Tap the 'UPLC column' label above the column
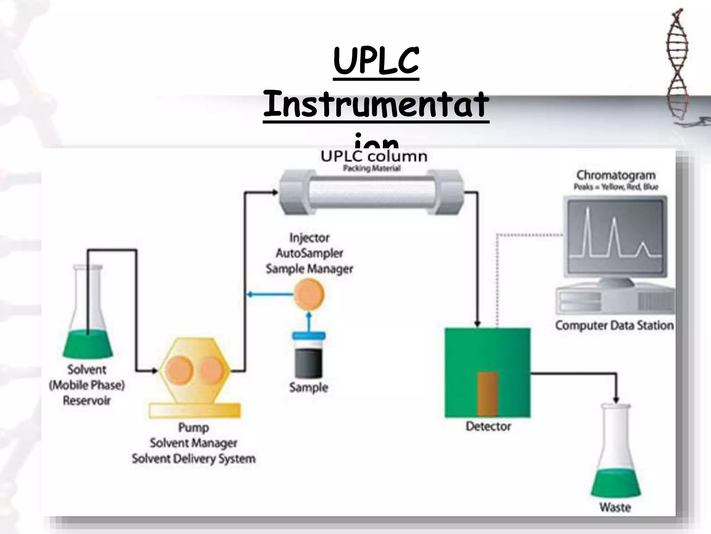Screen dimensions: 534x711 (x=374, y=156)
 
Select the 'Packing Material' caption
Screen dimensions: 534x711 (x=372, y=169)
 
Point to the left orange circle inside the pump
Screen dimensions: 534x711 (x=179, y=370)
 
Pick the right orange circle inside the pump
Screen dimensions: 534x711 (x=211, y=370)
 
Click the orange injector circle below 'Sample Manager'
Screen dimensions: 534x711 (x=309, y=295)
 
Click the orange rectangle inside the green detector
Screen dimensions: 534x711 (x=487, y=394)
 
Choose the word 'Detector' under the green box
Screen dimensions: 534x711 (x=488, y=426)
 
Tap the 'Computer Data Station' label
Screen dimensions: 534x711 (x=614, y=325)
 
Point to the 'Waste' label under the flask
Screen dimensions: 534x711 (x=615, y=507)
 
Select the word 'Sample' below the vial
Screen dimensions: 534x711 (x=309, y=387)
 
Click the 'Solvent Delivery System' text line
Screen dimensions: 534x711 (x=193, y=459)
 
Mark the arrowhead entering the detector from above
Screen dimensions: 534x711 (x=477, y=324)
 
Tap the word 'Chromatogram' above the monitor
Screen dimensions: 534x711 (x=616, y=175)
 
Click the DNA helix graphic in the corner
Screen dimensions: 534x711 (x=677, y=66)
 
